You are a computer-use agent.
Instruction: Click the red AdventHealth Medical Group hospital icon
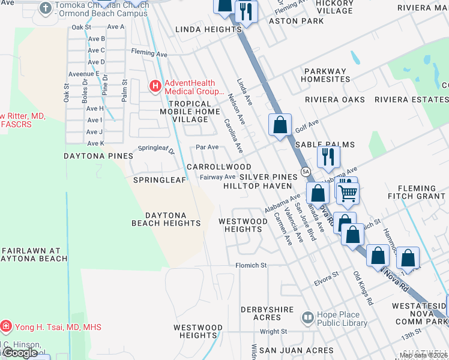point(155,87)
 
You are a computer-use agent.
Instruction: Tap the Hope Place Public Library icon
point(307,316)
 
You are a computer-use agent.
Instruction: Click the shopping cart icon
point(348,193)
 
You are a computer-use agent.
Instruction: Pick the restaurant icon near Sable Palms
point(328,156)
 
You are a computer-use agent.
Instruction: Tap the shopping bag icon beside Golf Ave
point(280,125)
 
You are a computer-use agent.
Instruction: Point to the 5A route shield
point(306,172)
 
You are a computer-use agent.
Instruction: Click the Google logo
point(20,353)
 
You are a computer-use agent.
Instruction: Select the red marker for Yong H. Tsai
point(6,327)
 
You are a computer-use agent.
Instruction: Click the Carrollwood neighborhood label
point(218,166)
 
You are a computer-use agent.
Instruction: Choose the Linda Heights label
point(208,29)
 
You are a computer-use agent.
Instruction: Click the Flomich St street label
point(251,265)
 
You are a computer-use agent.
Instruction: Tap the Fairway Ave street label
point(217,177)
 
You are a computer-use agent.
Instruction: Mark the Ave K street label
point(95,143)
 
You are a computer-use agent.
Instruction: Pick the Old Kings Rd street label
point(363,289)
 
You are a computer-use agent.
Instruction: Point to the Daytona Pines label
point(98,156)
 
